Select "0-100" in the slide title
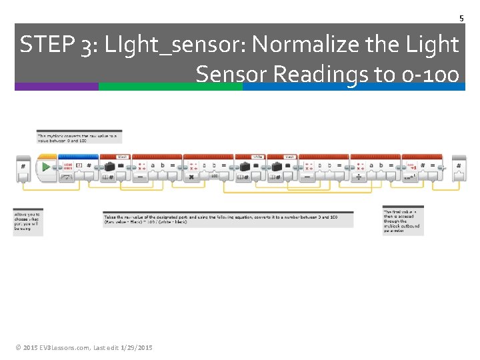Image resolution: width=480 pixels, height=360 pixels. [x=427, y=74]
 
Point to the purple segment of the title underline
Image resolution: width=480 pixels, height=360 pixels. [x=56, y=87]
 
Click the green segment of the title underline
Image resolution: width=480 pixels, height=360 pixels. [x=170, y=87]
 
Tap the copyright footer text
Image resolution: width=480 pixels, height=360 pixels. [x=84, y=348]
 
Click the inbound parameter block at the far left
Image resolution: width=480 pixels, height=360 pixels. [x=23, y=169]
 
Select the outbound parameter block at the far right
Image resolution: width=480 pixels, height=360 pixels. [x=459, y=169]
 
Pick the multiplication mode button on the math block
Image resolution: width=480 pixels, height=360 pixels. [x=192, y=177]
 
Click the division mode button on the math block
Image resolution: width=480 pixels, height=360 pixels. [x=359, y=177]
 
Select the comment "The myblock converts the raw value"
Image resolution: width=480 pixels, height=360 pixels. [x=79, y=137]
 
